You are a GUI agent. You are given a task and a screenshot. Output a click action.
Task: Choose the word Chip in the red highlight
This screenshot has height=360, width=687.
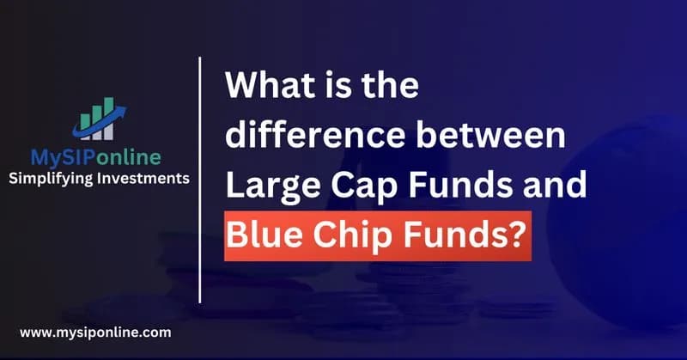[346, 235]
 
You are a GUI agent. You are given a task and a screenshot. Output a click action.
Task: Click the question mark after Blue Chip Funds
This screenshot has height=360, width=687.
[514, 234]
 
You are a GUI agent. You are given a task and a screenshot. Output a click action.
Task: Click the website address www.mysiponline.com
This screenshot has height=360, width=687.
[94, 331]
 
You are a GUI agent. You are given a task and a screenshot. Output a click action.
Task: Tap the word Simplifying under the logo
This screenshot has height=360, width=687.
[52, 179]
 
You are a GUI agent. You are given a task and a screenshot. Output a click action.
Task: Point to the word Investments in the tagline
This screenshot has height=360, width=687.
[144, 179]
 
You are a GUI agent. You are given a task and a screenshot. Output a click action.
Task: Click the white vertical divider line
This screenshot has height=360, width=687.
[200, 180]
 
